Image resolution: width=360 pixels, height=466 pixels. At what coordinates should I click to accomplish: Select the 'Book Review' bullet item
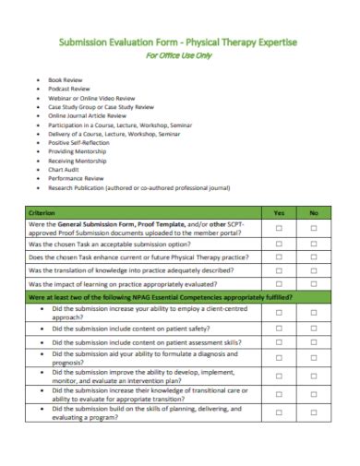65,80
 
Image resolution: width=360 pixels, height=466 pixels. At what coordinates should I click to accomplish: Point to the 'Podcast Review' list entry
69,90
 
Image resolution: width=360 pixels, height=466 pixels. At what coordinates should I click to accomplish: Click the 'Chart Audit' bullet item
65,170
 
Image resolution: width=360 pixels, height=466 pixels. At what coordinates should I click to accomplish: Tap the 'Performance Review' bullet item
76,179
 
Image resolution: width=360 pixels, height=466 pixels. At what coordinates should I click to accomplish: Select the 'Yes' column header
280,212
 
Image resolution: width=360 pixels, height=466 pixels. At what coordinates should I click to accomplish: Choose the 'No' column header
314,212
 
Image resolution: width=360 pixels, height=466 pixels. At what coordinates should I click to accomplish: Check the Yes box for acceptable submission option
280,244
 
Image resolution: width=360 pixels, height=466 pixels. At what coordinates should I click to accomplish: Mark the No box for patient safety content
314,327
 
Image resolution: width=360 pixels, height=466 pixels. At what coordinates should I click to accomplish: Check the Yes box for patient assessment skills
280,341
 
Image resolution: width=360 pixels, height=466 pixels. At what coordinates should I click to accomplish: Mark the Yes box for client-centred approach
280,312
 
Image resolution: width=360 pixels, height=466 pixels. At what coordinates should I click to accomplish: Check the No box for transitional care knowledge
314,417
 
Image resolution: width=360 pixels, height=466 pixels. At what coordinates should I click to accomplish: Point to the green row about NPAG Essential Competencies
162,297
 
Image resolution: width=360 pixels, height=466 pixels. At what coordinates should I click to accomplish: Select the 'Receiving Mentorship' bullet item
78,161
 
